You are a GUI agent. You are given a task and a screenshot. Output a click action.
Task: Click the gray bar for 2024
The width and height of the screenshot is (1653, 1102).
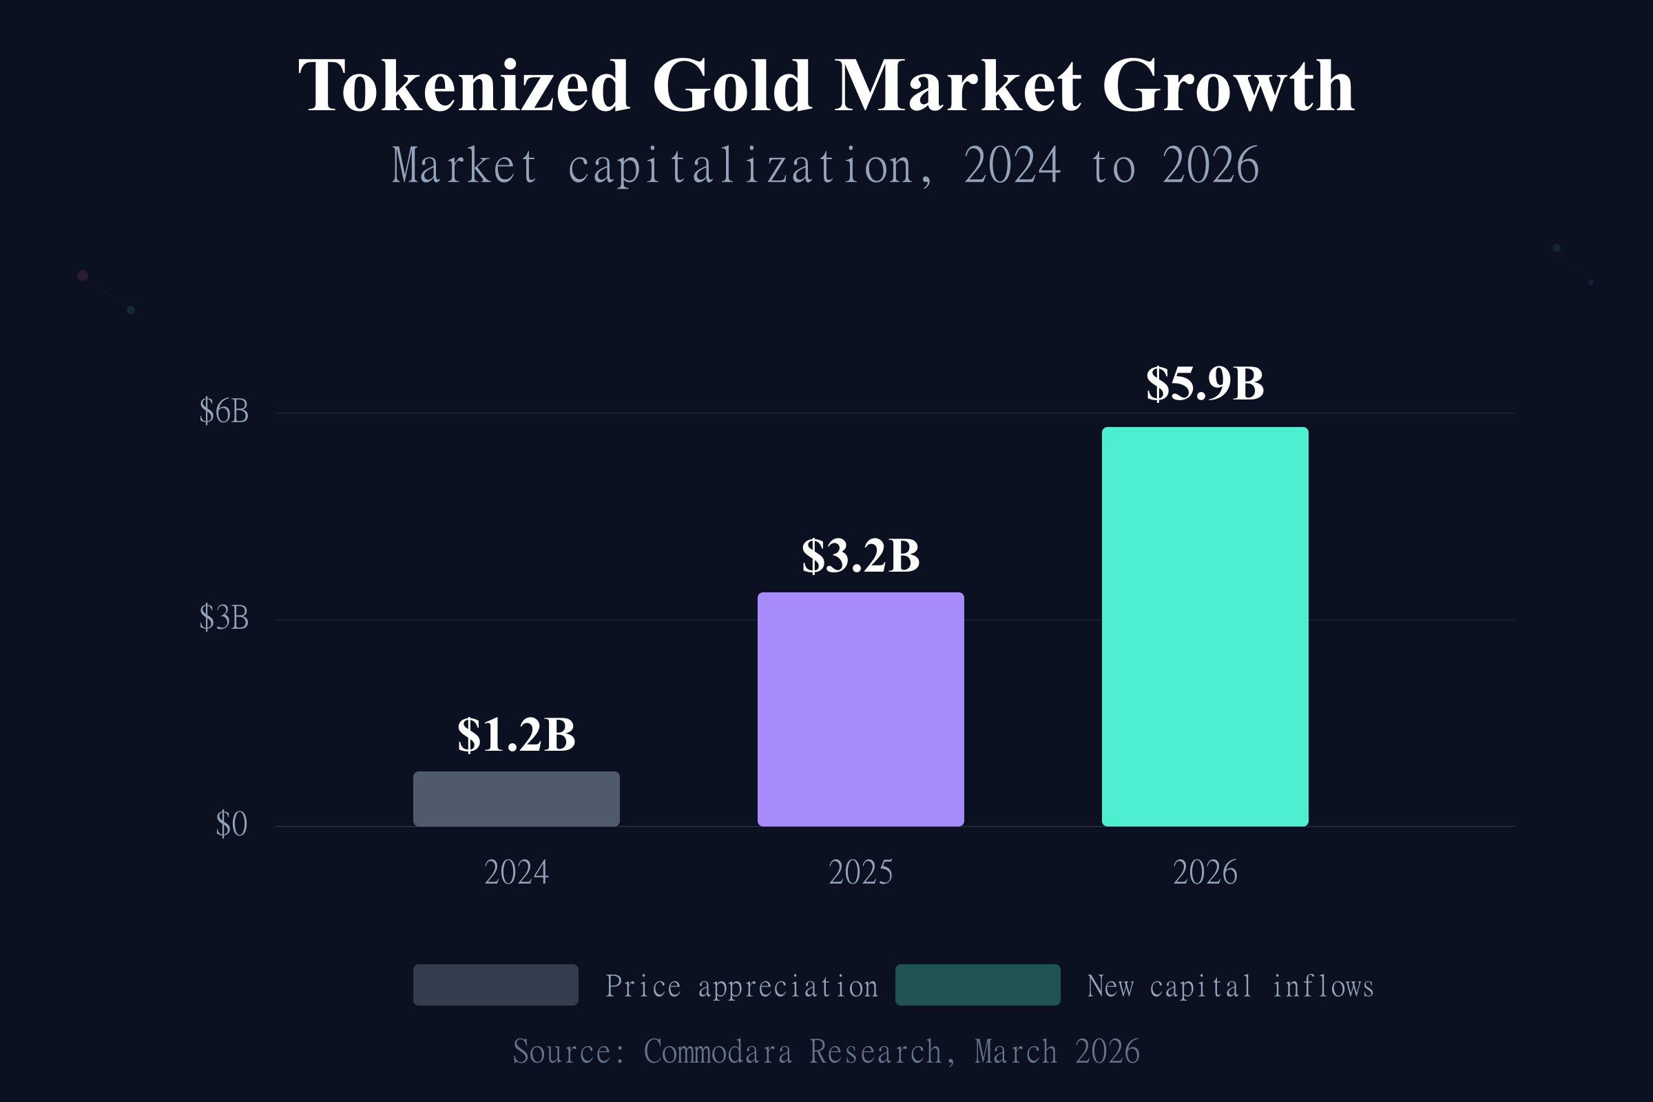tap(516, 799)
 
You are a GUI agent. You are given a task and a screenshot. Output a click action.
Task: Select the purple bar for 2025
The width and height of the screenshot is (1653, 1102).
tap(860, 709)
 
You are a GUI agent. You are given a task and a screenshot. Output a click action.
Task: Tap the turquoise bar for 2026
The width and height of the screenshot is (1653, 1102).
tap(1205, 626)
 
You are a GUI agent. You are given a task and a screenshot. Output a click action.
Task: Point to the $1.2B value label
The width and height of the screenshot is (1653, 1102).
tap(516, 736)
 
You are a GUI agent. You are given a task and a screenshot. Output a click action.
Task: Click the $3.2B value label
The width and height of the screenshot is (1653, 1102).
tap(860, 557)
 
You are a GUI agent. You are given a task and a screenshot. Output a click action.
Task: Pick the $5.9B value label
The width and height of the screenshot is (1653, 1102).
tap(1205, 384)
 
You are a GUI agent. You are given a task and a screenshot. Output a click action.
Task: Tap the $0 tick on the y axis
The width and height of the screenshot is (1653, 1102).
tap(231, 824)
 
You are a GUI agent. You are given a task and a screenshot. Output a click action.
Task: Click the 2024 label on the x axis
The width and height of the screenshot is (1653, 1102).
tap(516, 873)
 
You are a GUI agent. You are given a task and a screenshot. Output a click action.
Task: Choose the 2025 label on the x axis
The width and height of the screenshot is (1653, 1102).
tap(860, 873)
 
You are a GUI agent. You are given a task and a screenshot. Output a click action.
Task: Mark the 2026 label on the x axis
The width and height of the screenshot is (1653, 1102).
tap(1205, 873)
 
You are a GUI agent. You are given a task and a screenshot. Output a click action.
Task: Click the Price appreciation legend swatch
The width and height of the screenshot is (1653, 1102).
tap(495, 985)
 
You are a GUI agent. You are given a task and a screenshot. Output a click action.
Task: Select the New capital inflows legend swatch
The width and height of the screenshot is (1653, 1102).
tap(977, 985)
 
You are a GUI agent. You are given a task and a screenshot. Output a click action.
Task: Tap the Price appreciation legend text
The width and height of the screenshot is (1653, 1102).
tap(742, 987)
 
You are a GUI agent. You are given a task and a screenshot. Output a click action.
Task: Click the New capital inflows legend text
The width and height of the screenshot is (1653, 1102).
tap(1230, 987)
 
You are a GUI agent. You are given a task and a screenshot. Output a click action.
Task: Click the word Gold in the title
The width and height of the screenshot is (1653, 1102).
tap(732, 85)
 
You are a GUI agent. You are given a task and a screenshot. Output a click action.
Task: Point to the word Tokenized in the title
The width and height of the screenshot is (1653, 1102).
tap(464, 85)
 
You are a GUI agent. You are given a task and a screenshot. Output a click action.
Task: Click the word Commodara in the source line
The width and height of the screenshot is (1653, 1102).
tap(718, 1052)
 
